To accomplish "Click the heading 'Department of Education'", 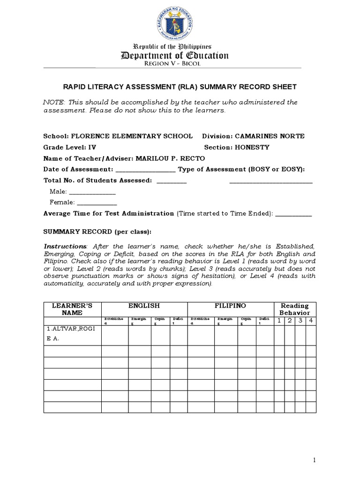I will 175,56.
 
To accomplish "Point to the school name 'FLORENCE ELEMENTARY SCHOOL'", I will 131,136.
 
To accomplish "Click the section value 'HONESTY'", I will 253,147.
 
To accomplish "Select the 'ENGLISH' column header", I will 144,306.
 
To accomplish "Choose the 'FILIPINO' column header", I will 230,306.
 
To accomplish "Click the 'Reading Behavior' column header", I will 294,309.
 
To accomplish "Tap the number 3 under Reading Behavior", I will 300,320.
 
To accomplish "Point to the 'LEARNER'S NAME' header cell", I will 72,309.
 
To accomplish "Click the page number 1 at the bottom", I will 315,461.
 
